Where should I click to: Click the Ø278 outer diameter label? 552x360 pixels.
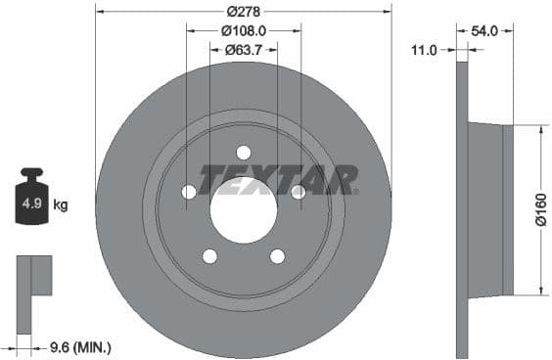244,12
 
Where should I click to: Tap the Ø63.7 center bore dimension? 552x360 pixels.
244,49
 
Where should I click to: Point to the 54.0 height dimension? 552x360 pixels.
485,30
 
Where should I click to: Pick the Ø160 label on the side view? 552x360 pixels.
539,209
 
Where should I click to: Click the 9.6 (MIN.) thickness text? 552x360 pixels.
80,346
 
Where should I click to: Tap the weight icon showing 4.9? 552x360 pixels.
30,202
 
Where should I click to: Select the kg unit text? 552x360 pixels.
61,204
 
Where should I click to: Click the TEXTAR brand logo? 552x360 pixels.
278,180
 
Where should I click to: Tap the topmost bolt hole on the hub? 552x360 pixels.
244,152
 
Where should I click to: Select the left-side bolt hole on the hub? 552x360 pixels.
189,192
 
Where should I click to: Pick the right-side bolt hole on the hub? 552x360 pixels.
299,192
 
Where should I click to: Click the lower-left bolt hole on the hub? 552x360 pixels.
209,256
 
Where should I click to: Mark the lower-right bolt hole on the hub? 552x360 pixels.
278,256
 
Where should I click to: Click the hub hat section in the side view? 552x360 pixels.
489,209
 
